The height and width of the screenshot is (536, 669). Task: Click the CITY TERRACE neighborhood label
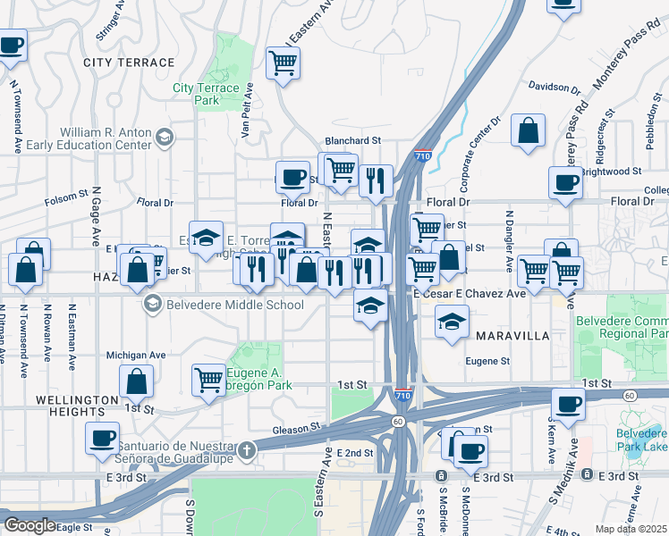click(129, 63)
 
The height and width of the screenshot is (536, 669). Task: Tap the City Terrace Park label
click(207, 94)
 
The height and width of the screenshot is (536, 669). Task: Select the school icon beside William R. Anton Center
click(164, 137)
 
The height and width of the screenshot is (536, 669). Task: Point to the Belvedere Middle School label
click(234, 305)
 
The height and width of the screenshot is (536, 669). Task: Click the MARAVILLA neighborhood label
click(512, 336)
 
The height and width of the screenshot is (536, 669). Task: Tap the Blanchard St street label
click(353, 140)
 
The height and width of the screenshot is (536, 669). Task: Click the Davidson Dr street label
click(555, 87)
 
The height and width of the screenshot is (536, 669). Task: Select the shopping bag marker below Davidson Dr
click(529, 130)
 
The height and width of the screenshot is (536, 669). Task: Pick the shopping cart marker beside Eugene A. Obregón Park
click(208, 380)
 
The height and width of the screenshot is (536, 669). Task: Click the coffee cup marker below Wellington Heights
click(102, 438)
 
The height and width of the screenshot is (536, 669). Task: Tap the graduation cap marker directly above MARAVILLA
click(453, 321)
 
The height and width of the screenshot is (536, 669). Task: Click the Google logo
click(30, 524)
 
